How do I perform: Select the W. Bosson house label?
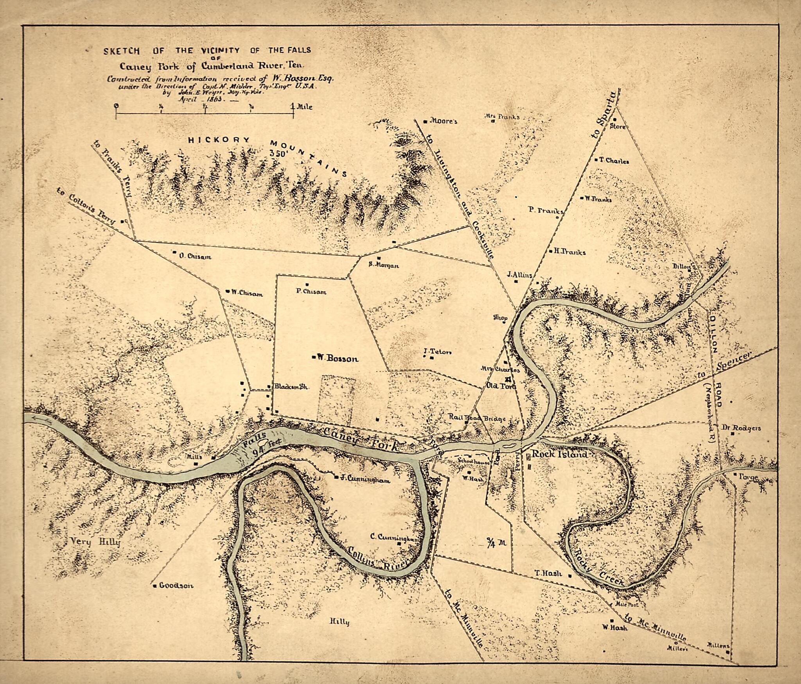tap(337, 358)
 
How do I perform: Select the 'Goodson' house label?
tap(176, 586)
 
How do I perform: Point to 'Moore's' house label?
tap(443, 122)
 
